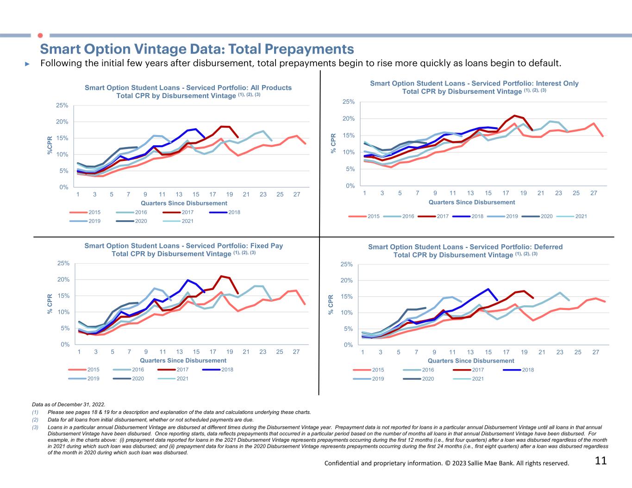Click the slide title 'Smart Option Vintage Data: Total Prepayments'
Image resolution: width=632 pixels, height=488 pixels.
click(197, 49)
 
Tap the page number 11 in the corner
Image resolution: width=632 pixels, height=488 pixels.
click(601, 461)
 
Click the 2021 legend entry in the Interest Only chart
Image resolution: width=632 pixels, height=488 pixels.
click(581, 216)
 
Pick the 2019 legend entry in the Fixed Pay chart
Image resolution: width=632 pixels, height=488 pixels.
click(93, 378)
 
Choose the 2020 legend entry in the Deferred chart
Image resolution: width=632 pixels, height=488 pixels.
click(428, 379)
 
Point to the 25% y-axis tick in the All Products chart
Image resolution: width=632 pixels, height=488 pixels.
click(62, 105)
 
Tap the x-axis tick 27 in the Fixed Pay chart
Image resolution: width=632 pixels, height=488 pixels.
click(296, 352)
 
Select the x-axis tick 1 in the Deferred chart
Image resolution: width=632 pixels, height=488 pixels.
click(363, 352)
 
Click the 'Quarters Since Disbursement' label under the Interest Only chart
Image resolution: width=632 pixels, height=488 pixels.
click(471, 202)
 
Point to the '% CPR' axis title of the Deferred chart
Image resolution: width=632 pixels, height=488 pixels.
click(331, 305)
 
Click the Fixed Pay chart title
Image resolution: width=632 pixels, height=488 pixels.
click(183, 250)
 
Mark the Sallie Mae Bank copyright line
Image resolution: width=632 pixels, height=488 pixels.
click(446, 463)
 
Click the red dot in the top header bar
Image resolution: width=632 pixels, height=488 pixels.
click(40, 35)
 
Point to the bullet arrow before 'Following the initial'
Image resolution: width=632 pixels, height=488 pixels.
click(27, 63)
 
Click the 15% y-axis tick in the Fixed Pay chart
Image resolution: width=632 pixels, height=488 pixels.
click(63, 296)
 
